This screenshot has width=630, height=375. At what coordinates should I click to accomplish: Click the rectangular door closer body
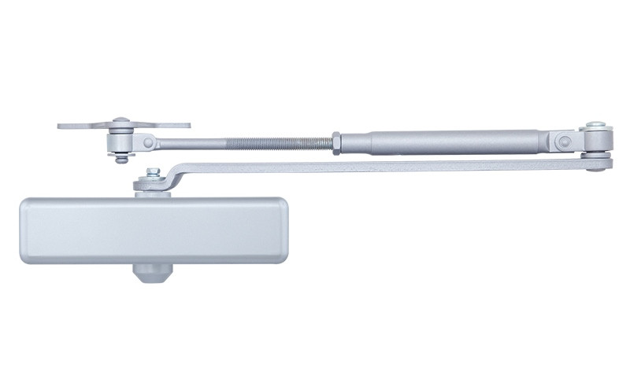click(x=143, y=229)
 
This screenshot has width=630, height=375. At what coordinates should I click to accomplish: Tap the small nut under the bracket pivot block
click(x=119, y=160)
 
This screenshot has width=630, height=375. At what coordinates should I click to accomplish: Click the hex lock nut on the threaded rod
click(x=335, y=142)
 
